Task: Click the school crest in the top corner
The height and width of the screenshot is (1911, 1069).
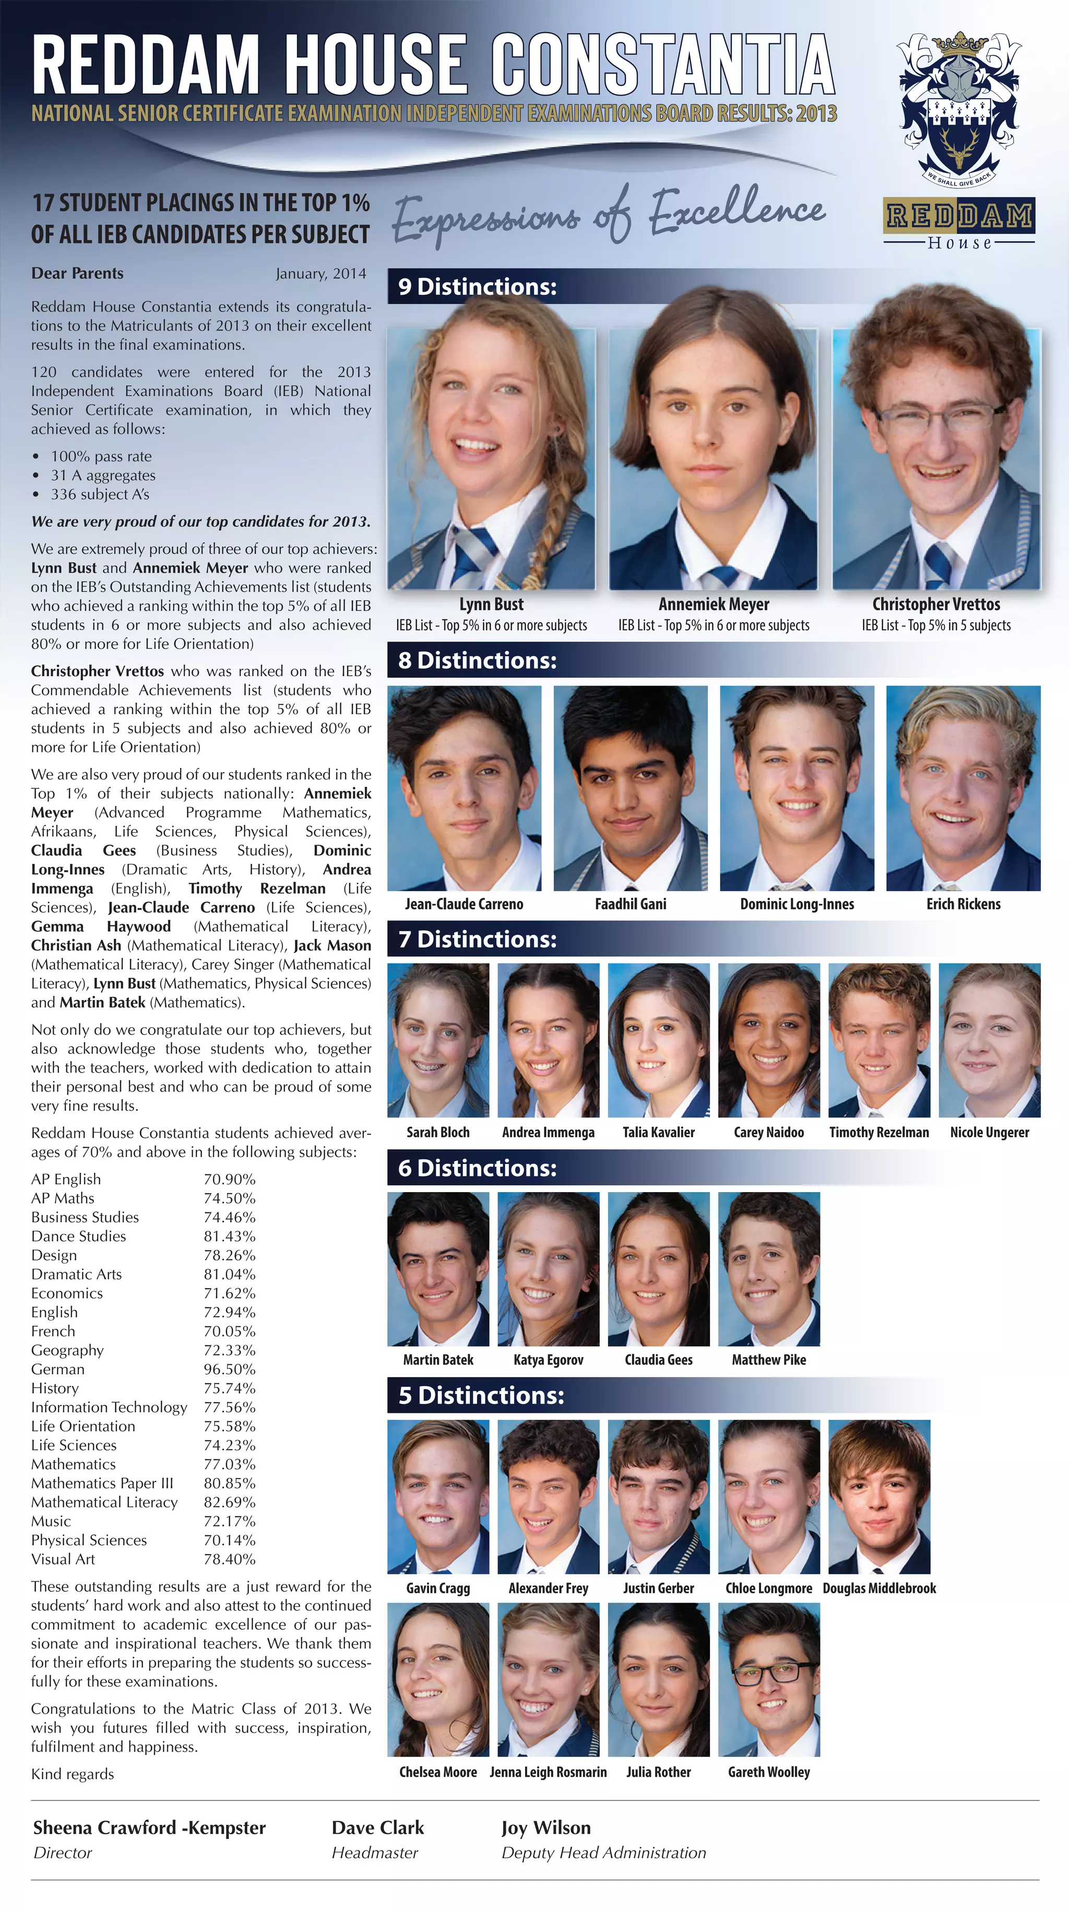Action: click(958, 109)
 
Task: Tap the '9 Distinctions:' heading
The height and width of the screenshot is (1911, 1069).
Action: click(477, 286)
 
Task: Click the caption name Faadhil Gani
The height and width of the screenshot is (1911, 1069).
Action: click(630, 904)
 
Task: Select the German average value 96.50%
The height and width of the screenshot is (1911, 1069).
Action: click(229, 1369)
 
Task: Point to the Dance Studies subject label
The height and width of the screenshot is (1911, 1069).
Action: click(79, 1236)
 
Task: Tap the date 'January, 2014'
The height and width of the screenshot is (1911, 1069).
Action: click(320, 274)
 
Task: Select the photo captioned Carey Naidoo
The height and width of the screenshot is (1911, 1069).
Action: click(769, 1040)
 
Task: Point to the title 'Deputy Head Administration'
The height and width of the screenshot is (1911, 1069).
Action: click(603, 1853)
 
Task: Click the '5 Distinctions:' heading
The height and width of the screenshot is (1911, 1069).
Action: click(481, 1396)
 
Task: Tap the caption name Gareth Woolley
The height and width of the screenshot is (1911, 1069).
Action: click(769, 1772)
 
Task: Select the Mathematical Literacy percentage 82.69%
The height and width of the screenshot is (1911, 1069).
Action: click(229, 1502)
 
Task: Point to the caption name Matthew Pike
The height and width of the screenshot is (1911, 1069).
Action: click(769, 1360)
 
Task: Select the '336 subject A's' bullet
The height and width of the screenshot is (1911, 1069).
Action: click(100, 494)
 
